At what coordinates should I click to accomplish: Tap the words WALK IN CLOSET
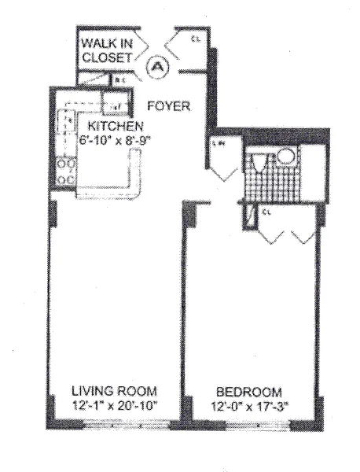[x=112, y=49]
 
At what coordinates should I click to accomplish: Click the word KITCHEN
[x=115, y=126]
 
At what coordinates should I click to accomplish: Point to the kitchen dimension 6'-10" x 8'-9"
[x=115, y=138]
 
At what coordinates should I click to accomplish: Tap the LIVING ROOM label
[x=115, y=391]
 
